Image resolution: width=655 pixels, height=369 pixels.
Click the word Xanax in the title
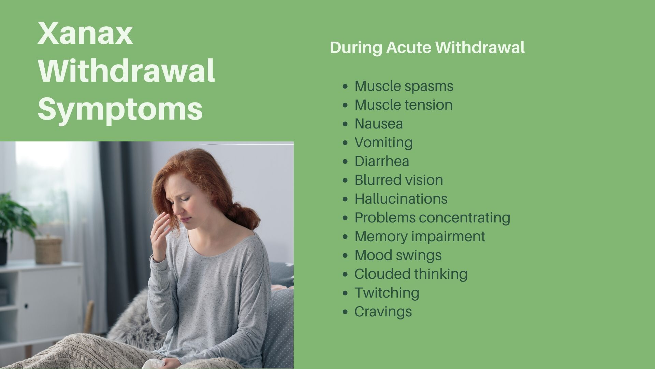pyautogui.click(x=85, y=34)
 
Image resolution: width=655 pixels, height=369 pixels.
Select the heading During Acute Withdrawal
pyautogui.click(x=427, y=47)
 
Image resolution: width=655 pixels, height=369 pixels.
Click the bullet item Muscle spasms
pyautogui.click(x=404, y=86)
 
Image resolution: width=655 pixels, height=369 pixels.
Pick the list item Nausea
pyautogui.click(x=379, y=124)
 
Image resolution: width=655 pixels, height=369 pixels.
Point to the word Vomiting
pyautogui.click(x=383, y=143)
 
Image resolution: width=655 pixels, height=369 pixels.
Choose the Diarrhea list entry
pyautogui.click(x=382, y=161)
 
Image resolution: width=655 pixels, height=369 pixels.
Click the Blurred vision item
pyautogui.click(x=399, y=180)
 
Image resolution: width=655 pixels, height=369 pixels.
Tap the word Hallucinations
pyautogui.click(x=401, y=199)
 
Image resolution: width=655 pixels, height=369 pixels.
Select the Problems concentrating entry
pyautogui.click(x=432, y=218)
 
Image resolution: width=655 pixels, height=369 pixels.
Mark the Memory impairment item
pyautogui.click(x=420, y=236)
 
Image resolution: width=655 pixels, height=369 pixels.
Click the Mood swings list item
pyautogui.click(x=398, y=256)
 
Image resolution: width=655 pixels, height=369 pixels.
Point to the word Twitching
pyautogui.click(x=387, y=293)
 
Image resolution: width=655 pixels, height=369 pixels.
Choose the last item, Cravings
pyautogui.click(x=383, y=312)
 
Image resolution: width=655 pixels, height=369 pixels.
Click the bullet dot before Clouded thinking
pyautogui.click(x=346, y=274)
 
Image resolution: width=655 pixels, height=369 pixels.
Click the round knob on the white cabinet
pyautogui.click(x=26, y=305)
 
